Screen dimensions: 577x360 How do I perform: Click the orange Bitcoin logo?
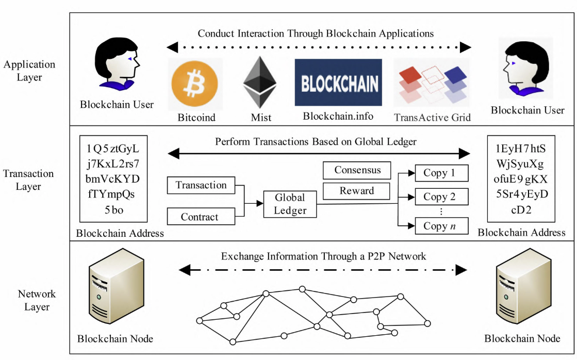pyautogui.click(x=195, y=84)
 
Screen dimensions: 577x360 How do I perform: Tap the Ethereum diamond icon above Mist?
pyautogui.click(x=260, y=82)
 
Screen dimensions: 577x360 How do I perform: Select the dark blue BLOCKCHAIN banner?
pyautogui.click(x=338, y=83)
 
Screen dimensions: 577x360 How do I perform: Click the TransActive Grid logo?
pyautogui.click(x=432, y=84)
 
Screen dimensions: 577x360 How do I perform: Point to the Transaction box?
pyautogui.click(x=201, y=185)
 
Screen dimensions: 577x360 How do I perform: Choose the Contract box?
pyautogui.click(x=201, y=217)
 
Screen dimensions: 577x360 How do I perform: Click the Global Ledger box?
pyautogui.click(x=290, y=204)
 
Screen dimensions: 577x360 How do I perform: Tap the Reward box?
pyautogui.click(x=356, y=191)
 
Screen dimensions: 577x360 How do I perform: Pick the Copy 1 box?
pyautogui.click(x=441, y=173)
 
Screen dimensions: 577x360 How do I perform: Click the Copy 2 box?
pyautogui.click(x=441, y=197)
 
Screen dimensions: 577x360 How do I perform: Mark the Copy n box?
pyautogui.click(x=441, y=225)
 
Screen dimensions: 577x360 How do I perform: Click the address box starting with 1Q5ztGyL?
pyautogui.click(x=113, y=179)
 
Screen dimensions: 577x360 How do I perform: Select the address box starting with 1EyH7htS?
pyautogui.click(x=521, y=179)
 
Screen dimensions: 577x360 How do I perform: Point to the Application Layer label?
pyautogui.click(x=29, y=71)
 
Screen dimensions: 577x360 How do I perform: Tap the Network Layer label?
pyautogui.click(x=37, y=300)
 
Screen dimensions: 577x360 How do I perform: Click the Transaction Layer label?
pyautogui.click(x=28, y=180)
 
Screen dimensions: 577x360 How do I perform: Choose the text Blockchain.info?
pyautogui.click(x=338, y=117)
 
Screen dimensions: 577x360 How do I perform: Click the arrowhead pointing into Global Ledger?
pyautogui.click(x=260, y=203)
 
